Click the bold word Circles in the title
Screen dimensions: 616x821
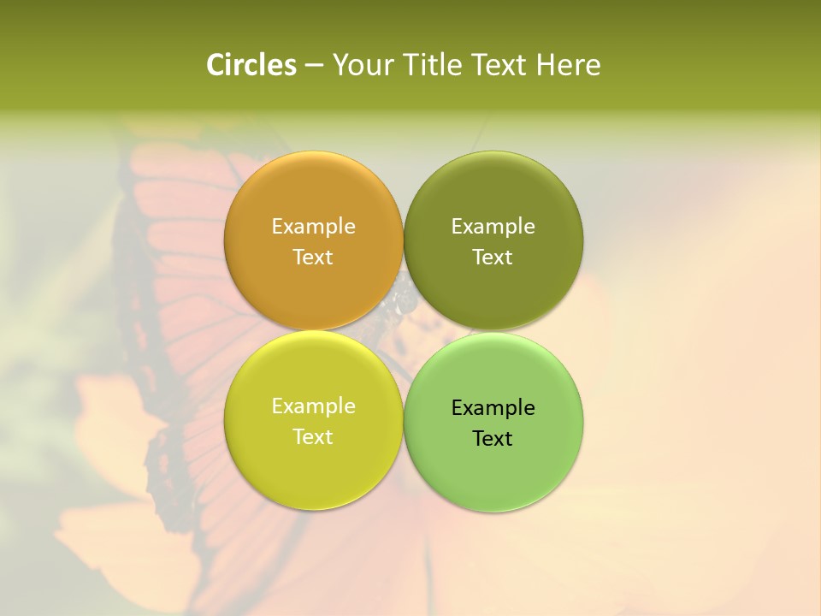(x=251, y=65)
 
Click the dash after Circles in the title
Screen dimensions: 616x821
(x=314, y=66)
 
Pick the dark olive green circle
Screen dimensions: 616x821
(x=493, y=197)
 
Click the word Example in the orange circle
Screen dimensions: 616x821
(x=313, y=226)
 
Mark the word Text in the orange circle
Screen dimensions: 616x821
(x=313, y=257)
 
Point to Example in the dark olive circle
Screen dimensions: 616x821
(x=493, y=226)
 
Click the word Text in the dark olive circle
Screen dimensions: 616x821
(x=493, y=257)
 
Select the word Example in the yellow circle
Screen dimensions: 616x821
(x=313, y=406)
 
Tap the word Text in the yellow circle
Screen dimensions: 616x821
(x=313, y=436)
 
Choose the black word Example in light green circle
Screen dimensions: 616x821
(x=493, y=407)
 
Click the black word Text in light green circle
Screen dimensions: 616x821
(x=493, y=438)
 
